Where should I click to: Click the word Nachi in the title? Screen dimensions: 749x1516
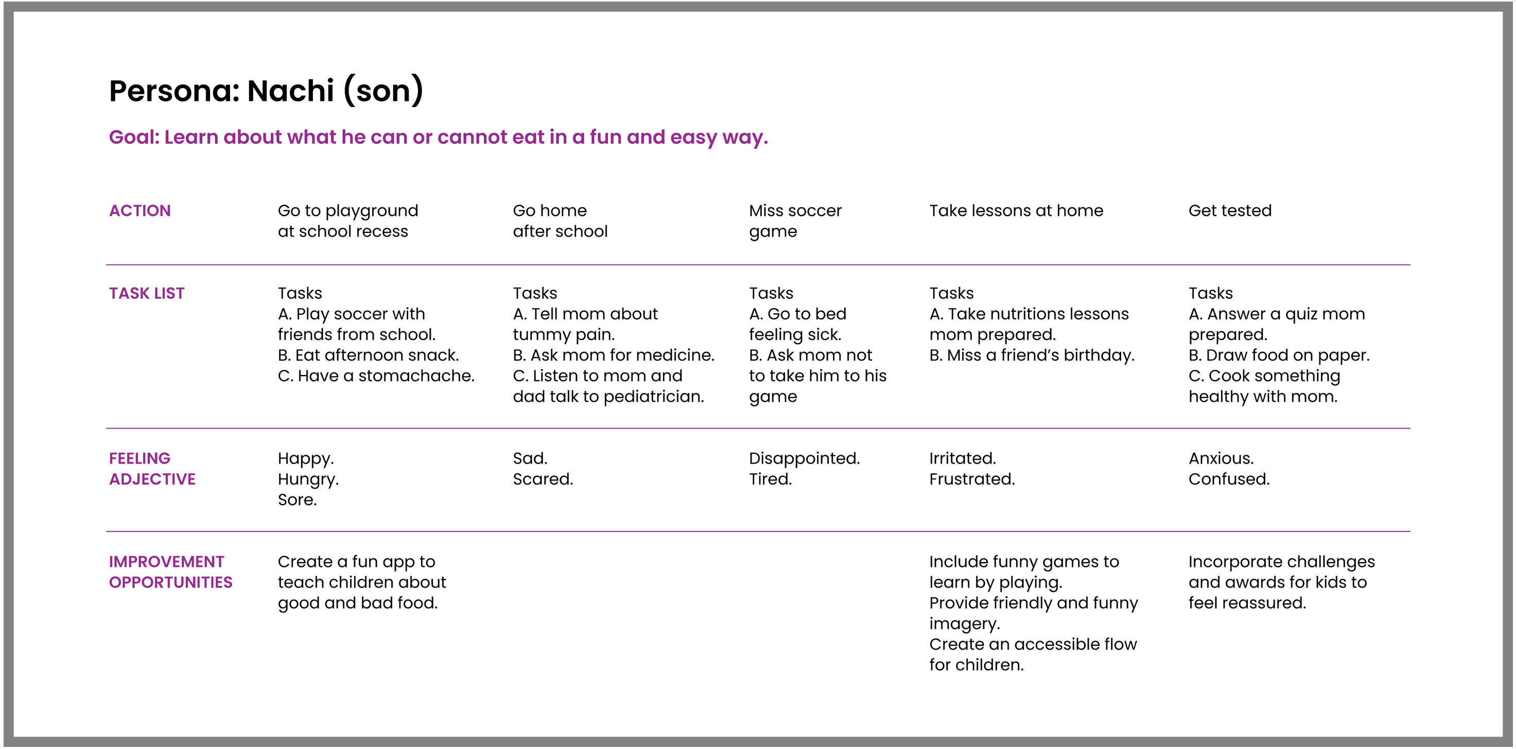(290, 91)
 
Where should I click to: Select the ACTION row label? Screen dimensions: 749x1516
(140, 211)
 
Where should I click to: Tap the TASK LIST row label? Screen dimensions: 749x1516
(147, 293)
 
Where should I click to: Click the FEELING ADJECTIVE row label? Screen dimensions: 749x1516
(152, 469)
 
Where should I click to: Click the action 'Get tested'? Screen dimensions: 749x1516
(1229, 211)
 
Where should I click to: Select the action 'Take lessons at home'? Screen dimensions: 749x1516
(1016, 211)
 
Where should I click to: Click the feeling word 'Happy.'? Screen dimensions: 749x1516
(305, 458)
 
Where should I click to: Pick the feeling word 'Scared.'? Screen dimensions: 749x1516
(543, 479)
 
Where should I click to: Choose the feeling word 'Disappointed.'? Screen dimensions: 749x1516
(804, 458)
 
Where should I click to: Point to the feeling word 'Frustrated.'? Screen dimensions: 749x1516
(971, 479)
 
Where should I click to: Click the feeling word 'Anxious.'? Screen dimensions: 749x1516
(1221, 458)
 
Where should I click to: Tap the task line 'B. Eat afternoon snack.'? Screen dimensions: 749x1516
(368, 355)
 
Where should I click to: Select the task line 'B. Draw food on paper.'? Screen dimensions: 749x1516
(1278, 355)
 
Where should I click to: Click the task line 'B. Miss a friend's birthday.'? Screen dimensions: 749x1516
(1031, 355)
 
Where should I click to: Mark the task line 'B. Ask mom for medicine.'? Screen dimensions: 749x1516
(613, 355)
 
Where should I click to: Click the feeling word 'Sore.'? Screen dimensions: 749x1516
(297, 500)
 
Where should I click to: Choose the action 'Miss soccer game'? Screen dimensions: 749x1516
(794, 221)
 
